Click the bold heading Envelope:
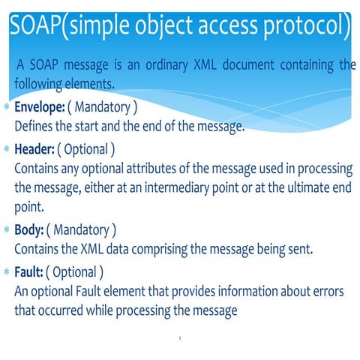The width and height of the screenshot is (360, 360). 42,108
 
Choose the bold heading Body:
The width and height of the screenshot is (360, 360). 28,229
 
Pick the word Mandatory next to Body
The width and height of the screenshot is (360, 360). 82,229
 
